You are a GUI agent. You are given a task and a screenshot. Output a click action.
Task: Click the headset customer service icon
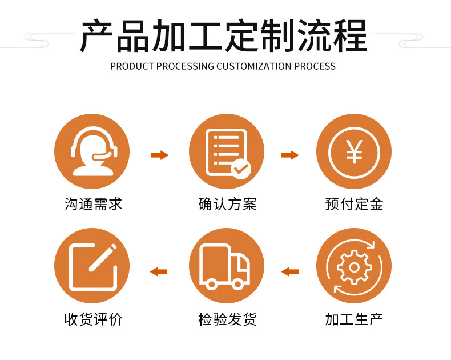(92, 151)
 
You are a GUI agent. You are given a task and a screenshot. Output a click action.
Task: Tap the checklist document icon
(227, 151)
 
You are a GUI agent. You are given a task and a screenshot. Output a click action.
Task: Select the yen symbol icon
(354, 151)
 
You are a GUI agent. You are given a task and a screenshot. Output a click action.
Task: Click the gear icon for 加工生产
(354, 266)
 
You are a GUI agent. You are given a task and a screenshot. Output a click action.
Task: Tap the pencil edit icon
(92, 266)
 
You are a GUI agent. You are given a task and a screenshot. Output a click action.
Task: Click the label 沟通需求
(93, 203)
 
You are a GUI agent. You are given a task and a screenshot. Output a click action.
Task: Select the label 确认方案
(227, 203)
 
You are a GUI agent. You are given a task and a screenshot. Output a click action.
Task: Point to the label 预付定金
(354, 203)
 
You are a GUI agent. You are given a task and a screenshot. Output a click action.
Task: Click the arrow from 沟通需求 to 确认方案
(160, 155)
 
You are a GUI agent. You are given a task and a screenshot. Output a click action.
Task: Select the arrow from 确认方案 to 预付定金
(290, 155)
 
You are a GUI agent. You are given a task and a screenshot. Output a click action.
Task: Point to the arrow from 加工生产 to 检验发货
(290, 271)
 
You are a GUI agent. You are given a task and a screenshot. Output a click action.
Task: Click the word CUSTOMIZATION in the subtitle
(254, 66)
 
